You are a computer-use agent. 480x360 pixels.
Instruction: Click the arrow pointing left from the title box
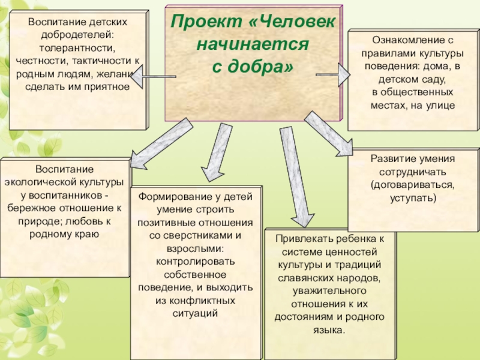tap(144, 76)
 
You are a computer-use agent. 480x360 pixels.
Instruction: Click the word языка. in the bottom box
tap(329, 330)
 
